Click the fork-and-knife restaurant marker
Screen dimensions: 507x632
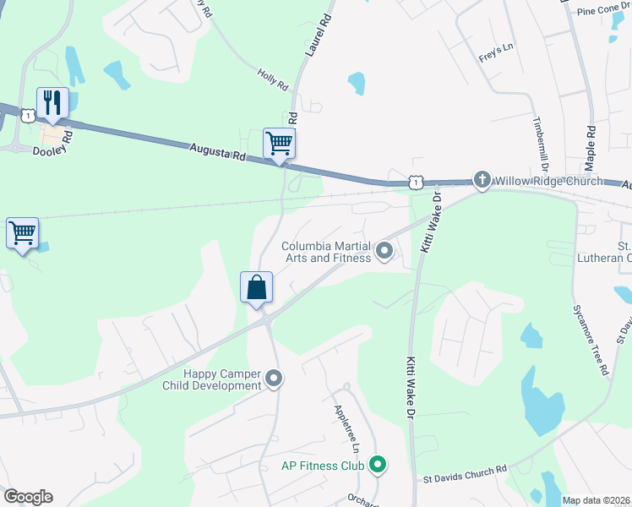(x=52, y=103)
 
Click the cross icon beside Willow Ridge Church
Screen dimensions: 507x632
(x=482, y=179)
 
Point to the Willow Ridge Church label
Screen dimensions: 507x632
(x=548, y=181)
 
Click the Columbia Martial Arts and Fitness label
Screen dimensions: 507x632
(x=326, y=252)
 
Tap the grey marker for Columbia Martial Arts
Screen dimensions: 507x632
(x=384, y=250)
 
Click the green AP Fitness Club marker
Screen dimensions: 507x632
(x=379, y=465)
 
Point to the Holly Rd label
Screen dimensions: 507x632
(x=273, y=80)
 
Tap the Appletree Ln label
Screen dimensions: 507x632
(x=346, y=428)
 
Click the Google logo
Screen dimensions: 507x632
(x=28, y=497)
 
